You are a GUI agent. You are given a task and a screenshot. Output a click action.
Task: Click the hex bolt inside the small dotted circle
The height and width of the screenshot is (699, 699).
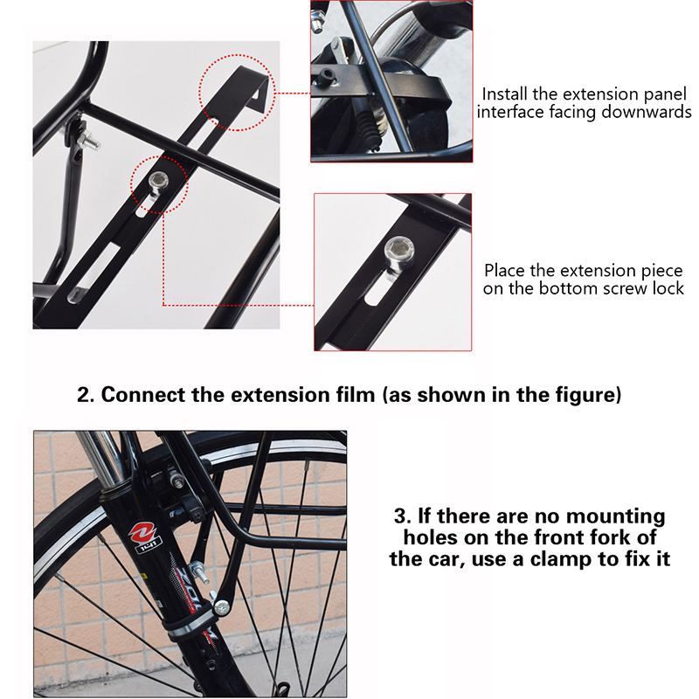(158, 182)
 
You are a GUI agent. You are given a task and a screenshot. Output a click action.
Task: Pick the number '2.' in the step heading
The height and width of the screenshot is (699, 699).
(86, 395)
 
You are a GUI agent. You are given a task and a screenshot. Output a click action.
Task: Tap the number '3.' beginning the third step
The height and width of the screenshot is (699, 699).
(403, 516)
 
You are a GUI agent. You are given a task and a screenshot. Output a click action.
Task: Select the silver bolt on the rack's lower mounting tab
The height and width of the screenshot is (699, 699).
(220, 606)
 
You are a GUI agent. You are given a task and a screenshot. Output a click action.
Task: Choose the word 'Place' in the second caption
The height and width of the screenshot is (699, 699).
(505, 271)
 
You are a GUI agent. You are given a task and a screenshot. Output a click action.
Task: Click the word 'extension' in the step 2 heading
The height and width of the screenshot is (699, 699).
(280, 395)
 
